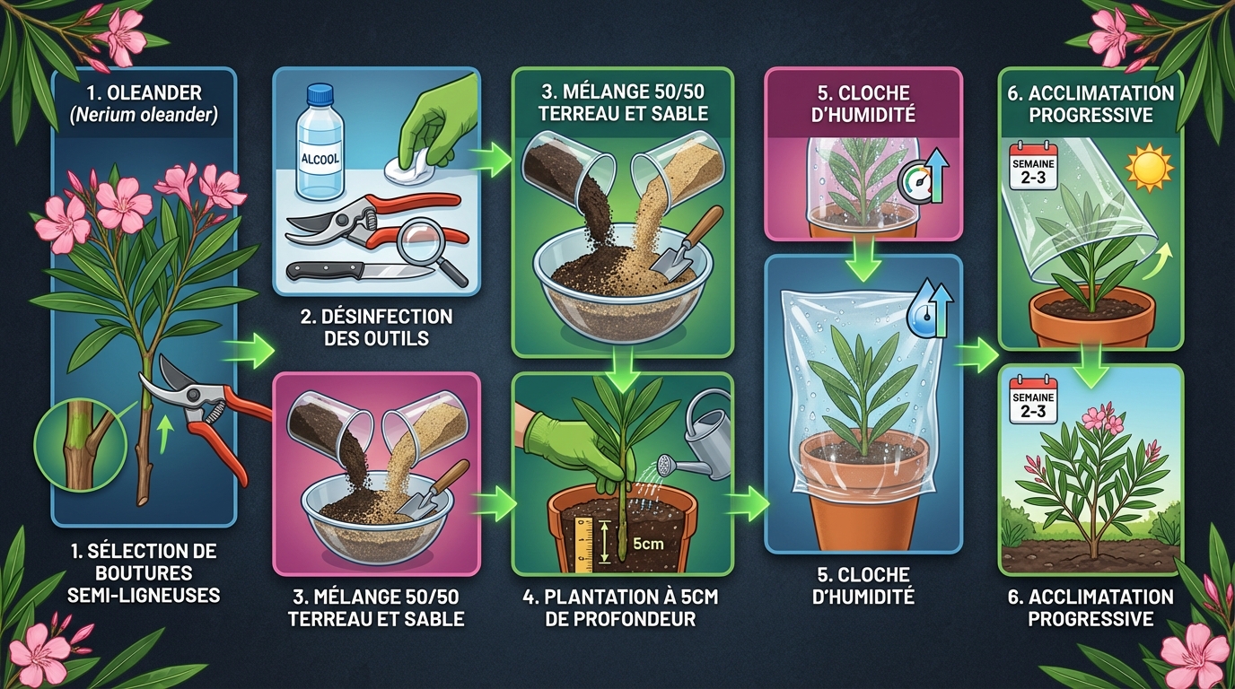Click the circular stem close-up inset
tap(74, 446)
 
